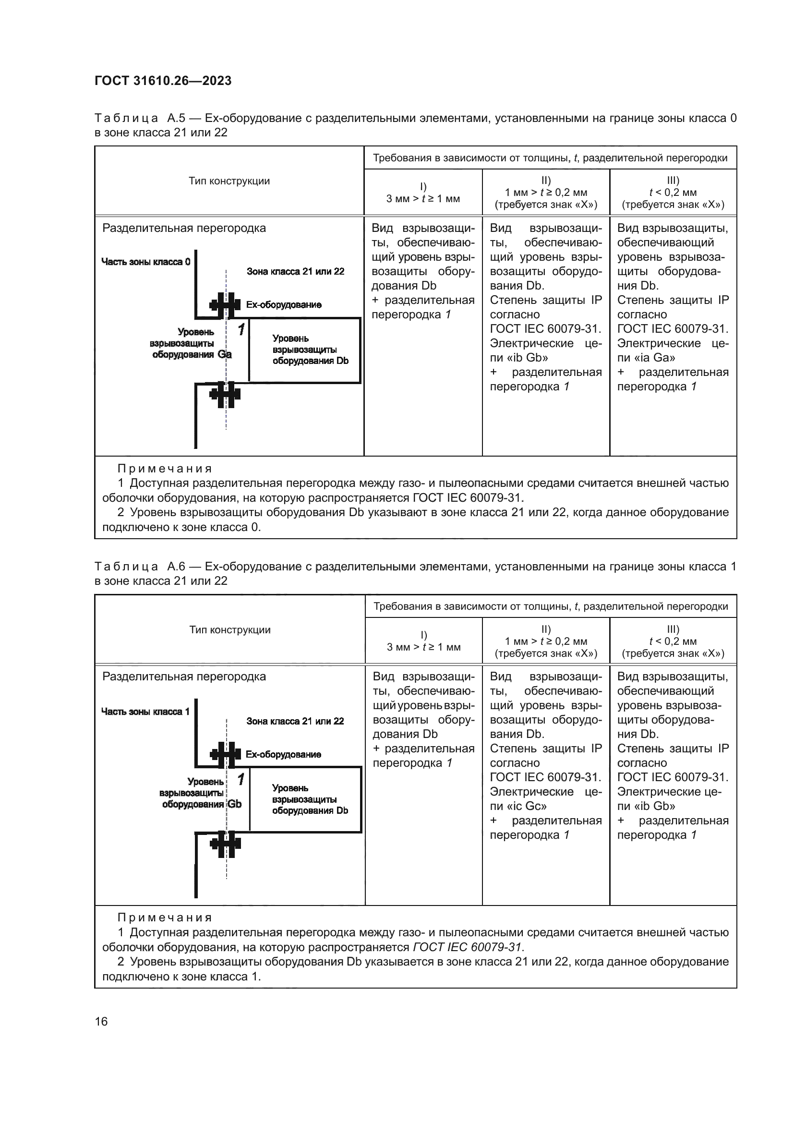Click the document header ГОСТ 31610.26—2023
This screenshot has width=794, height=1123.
[x=163, y=81]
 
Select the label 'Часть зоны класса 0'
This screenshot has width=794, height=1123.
[x=146, y=262]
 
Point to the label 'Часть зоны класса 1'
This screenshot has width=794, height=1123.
[x=145, y=711]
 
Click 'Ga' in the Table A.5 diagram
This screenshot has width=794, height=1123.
[x=224, y=354]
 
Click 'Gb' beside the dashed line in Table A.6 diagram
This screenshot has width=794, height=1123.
[x=235, y=804]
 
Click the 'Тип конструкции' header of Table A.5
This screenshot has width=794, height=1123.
[x=229, y=181]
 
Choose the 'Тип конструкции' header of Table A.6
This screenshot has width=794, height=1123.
[x=230, y=629]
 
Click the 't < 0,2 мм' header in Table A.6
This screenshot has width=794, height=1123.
[x=673, y=641]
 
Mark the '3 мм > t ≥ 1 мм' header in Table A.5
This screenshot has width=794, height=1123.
[x=423, y=199]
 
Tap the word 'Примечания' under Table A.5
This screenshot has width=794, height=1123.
[x=165, y=469]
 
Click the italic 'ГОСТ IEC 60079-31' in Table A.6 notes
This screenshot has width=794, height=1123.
[x=468, y=947]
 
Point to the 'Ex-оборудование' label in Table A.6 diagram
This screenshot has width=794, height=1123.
[x=283, y=754]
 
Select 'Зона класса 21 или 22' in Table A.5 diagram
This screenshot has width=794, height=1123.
[x=295, y=271]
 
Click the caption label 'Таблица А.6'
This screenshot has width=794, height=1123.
[x=127, y=567]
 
